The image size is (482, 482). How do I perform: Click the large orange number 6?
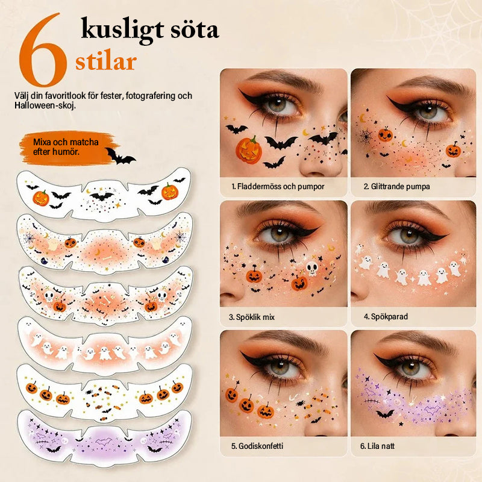tap(43, 51)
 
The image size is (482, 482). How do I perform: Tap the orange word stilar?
tap(106, 62)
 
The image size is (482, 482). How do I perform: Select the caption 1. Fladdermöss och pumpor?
tap(278, 186)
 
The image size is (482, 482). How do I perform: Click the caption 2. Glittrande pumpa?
tap(396, 186)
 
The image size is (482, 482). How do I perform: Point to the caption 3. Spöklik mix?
tap(251, 317)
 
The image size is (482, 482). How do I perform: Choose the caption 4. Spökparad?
tap(386, 317)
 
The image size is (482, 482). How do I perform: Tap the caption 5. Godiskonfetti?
tap(257, 446)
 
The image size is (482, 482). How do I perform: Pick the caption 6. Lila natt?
tap(377, 446)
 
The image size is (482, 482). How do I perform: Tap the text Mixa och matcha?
tap(66, 142)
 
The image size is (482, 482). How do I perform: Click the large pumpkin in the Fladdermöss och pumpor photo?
tap(249, 149)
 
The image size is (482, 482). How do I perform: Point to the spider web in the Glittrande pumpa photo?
tap(366, 136)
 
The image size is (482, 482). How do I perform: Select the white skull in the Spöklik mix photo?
tap(311, 268)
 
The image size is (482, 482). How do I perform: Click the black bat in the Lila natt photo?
tap(385, 414)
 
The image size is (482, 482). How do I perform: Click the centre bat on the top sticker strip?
tap(102, 196)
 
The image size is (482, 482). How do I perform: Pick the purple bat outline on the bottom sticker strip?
tap(104, 442)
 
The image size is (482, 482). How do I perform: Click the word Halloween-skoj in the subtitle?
tap(45, 105)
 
